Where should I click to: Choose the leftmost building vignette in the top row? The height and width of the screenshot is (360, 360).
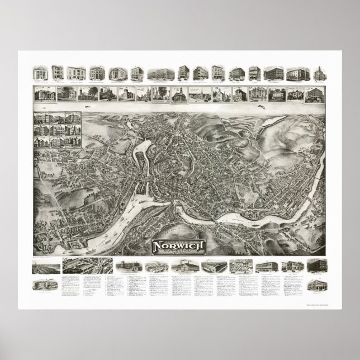point(40,73)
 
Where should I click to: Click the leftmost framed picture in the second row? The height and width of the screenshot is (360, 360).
point(44,94)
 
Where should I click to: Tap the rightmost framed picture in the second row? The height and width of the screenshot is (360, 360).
point(313,94)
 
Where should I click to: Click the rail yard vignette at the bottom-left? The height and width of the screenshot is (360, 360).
point(42,267)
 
